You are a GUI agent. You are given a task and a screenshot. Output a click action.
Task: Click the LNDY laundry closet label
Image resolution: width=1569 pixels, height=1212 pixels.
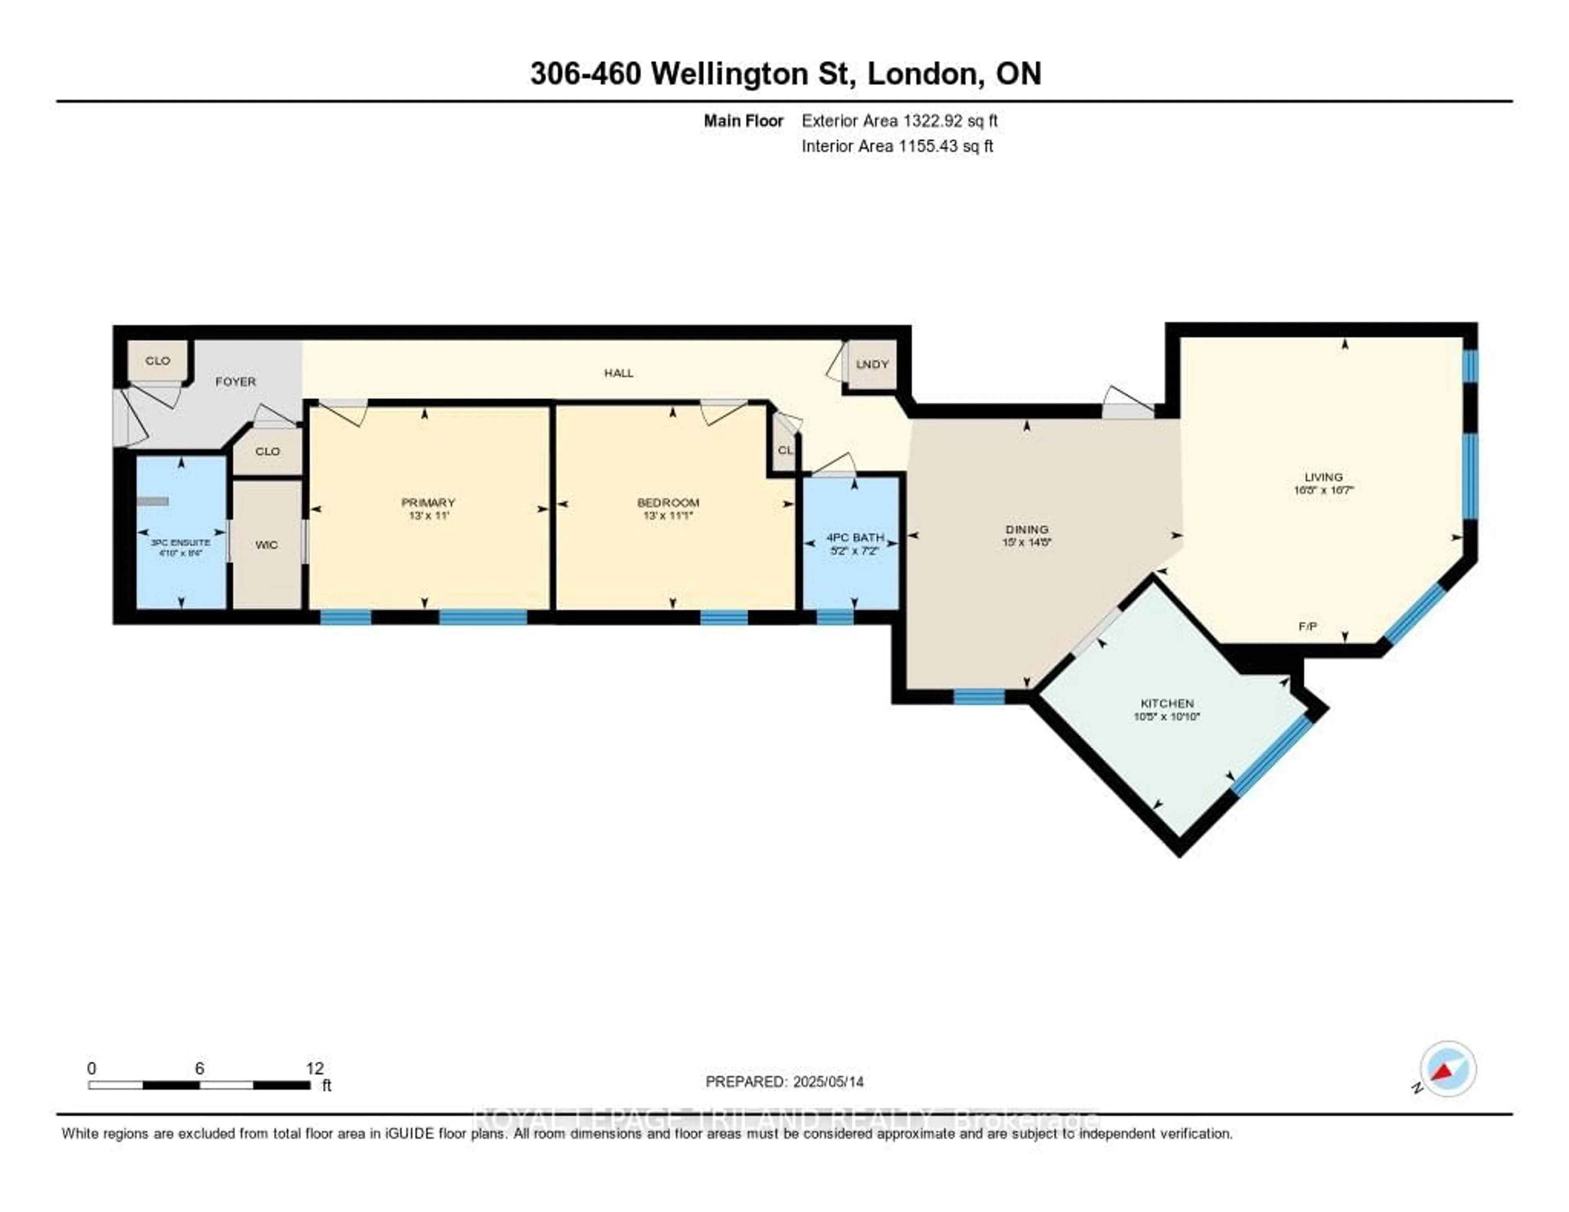coord(872,364)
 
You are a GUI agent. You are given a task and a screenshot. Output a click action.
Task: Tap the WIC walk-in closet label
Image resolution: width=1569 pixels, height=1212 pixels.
coord(266,545)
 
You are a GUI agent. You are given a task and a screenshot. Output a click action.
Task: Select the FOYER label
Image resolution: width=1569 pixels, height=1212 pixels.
coord(236,382)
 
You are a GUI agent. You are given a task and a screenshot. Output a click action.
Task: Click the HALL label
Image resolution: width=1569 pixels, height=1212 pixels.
coord(619,373)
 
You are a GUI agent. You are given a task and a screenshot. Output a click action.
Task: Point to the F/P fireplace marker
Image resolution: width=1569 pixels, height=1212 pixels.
coord(1307,626)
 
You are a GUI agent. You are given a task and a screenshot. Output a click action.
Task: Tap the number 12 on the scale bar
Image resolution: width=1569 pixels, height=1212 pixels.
coord(315,1068)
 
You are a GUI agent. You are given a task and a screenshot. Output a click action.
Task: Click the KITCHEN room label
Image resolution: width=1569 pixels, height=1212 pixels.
coord(1167,703)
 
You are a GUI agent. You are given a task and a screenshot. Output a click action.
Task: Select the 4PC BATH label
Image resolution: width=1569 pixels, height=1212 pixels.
coord(855,537)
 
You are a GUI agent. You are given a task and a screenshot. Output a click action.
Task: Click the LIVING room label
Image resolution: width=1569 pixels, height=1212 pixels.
coord(1323,477)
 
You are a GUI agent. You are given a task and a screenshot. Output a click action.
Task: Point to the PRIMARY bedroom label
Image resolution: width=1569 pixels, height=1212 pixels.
coord(428,502)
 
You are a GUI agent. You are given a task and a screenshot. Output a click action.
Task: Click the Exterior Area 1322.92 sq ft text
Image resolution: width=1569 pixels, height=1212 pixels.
coord(899,121)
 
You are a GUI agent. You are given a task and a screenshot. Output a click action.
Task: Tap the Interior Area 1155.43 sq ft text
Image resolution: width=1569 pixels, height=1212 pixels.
coord(897,146)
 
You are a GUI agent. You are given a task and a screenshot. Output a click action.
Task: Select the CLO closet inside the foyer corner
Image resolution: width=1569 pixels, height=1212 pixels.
coord(158,361)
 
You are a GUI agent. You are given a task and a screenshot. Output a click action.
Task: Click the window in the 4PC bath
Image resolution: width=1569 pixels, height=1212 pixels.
coord(835,616)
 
